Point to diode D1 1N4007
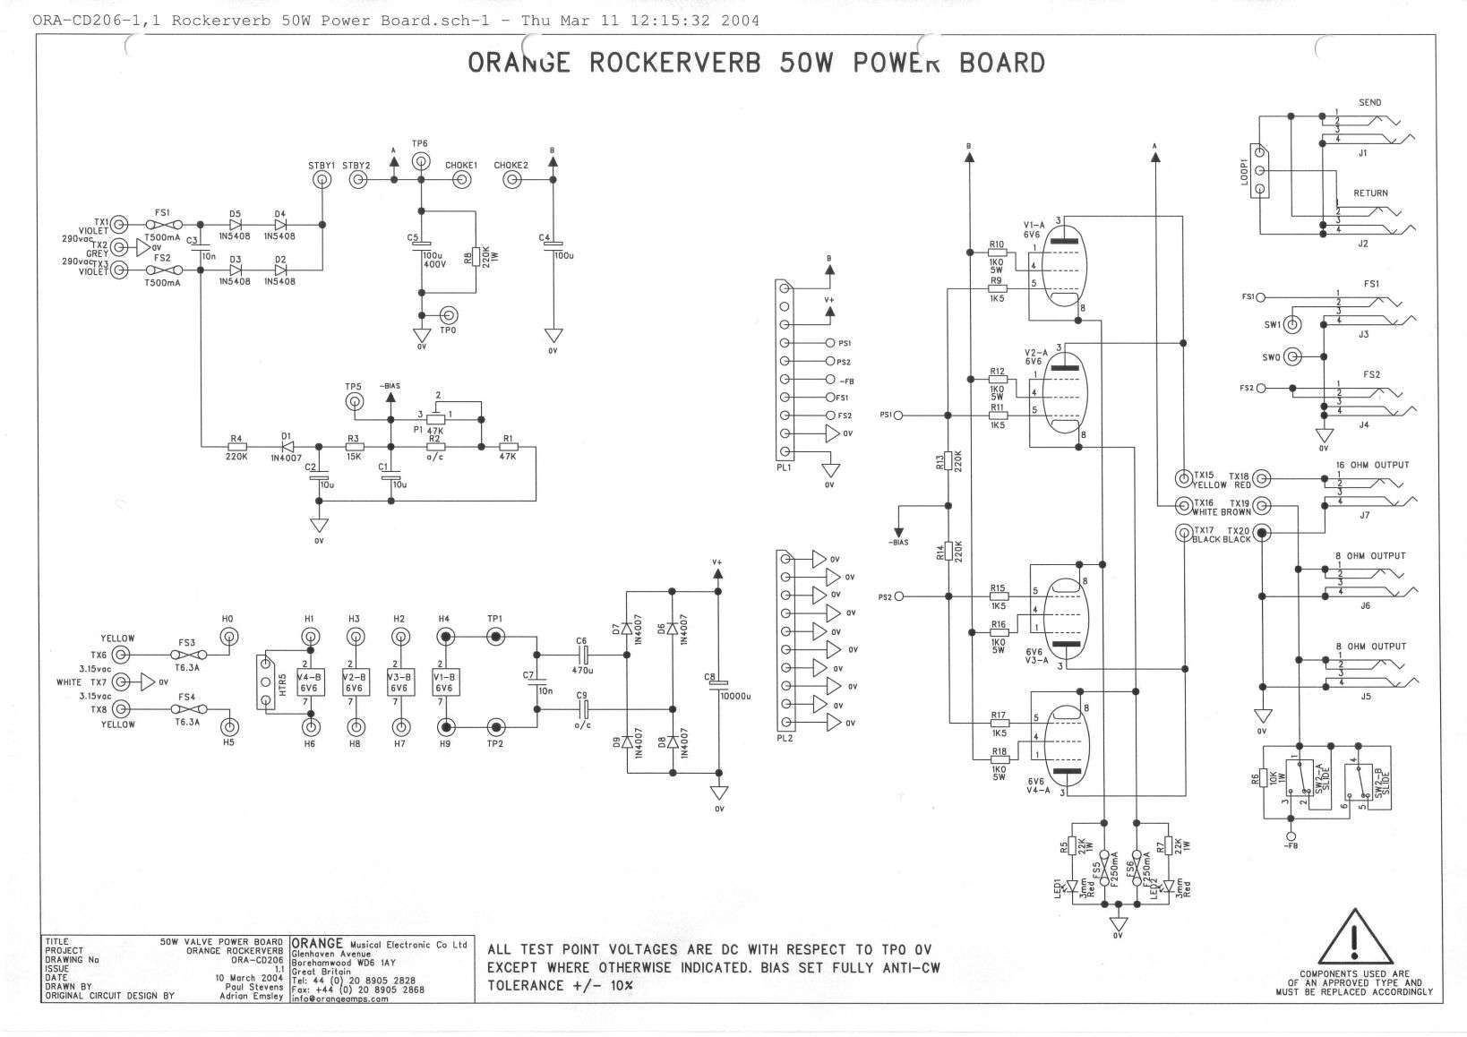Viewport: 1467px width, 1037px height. coord(287,446)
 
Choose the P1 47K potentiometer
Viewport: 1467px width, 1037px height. coord(435,417)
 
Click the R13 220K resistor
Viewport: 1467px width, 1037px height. coord(947,462)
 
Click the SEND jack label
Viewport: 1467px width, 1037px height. coord(1369,103)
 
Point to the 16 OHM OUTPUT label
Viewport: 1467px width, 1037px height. coord(1371,465)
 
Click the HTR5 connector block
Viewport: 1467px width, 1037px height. coord(265,682)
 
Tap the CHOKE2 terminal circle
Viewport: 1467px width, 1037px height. coord(511,180)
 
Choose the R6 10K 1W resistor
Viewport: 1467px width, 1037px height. coord(1265,779)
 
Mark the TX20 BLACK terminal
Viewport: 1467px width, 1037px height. coord(1261,534)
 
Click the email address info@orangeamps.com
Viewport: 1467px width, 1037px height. coord(340,999)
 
